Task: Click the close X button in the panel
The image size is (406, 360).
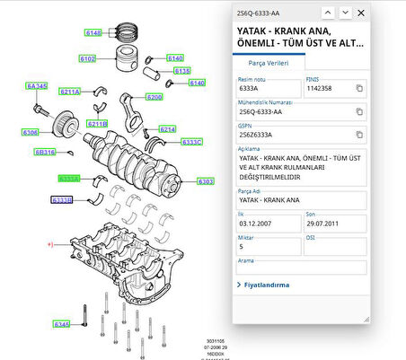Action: click(361, 13)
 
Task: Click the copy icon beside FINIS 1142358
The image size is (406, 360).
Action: click(359, 89)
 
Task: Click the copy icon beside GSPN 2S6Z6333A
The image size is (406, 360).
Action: click(359, 134)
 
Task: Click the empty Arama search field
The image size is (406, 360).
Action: click(301, 268)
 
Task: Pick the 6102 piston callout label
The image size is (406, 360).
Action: click(87, 59)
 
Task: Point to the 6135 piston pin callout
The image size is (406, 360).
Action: click(181, 70)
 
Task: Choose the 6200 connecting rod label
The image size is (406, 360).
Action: click(154, 97)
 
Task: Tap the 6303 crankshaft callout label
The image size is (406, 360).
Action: click(206, 181)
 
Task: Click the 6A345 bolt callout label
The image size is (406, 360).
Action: click(36, 86)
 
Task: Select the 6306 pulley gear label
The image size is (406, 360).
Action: click(31, 133)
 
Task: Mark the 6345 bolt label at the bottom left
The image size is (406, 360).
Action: click(61, 323)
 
